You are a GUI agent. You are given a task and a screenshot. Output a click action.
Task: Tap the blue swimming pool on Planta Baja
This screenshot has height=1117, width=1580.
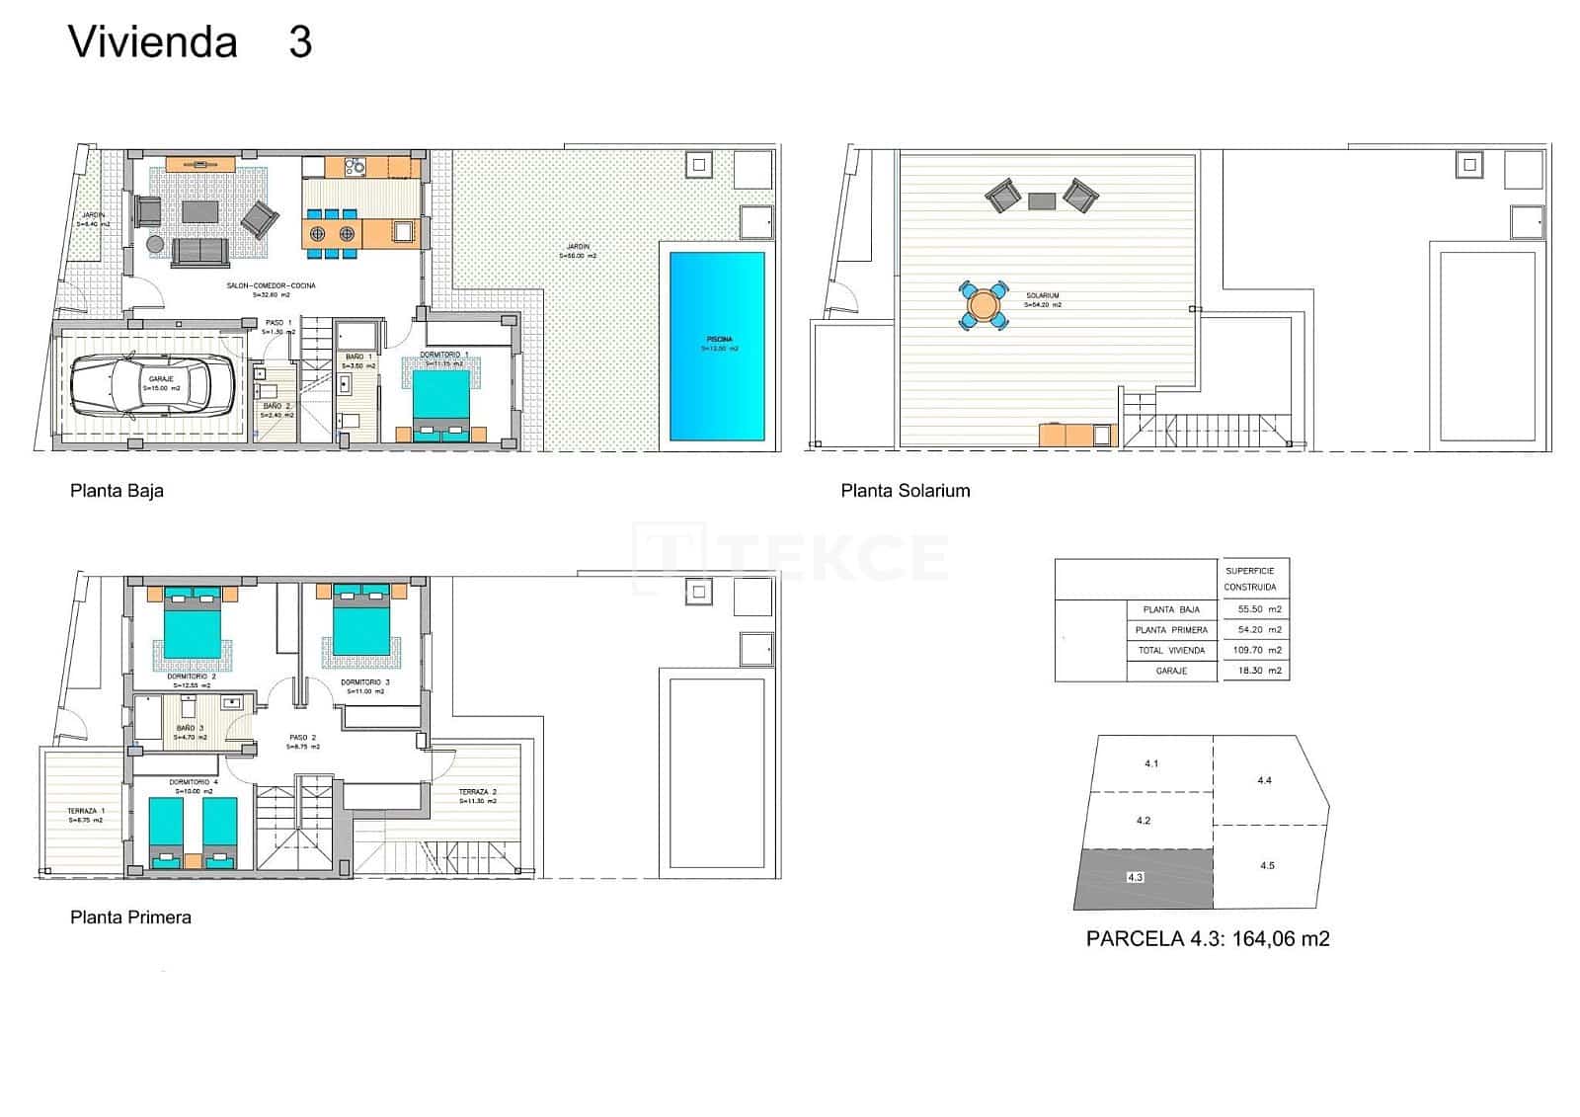click(x=718, y=346)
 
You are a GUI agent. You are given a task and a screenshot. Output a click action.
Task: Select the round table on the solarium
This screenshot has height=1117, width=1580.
click(x=984, y=305)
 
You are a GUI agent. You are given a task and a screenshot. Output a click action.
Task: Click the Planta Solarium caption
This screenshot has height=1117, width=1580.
click(x=905, y=491)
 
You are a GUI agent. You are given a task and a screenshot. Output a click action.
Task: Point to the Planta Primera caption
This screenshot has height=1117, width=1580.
click(x=130, y=918)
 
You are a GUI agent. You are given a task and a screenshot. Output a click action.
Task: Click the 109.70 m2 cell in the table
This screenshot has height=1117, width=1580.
click(x=1256, y=651)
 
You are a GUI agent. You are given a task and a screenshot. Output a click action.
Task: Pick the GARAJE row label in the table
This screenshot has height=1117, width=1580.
click(x=1171, y=671)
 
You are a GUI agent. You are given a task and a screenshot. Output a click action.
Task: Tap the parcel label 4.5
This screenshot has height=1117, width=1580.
click(x=1267, y=865)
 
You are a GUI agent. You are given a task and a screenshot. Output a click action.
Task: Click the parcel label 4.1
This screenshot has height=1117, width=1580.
click(x=1151, y=763)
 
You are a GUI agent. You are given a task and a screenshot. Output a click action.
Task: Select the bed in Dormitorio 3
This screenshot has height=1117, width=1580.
click(x=361, y=628)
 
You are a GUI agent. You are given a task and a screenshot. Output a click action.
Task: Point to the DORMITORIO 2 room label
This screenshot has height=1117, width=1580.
click(x=192, y=677)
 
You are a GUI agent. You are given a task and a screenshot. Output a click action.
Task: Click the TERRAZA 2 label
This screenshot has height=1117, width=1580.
click(x=477, y=792)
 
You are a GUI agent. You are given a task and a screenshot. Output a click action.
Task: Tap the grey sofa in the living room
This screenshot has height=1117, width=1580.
click(x=200, y=252)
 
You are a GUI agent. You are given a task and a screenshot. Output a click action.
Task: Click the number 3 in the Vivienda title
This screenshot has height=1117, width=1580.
click(x=300, y=42)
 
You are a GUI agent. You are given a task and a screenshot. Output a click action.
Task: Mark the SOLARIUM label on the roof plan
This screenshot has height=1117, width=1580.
click(x=1042, y=295)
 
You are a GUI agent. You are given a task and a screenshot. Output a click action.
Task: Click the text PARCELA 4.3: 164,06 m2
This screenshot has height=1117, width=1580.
click(x=1207, y=939)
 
